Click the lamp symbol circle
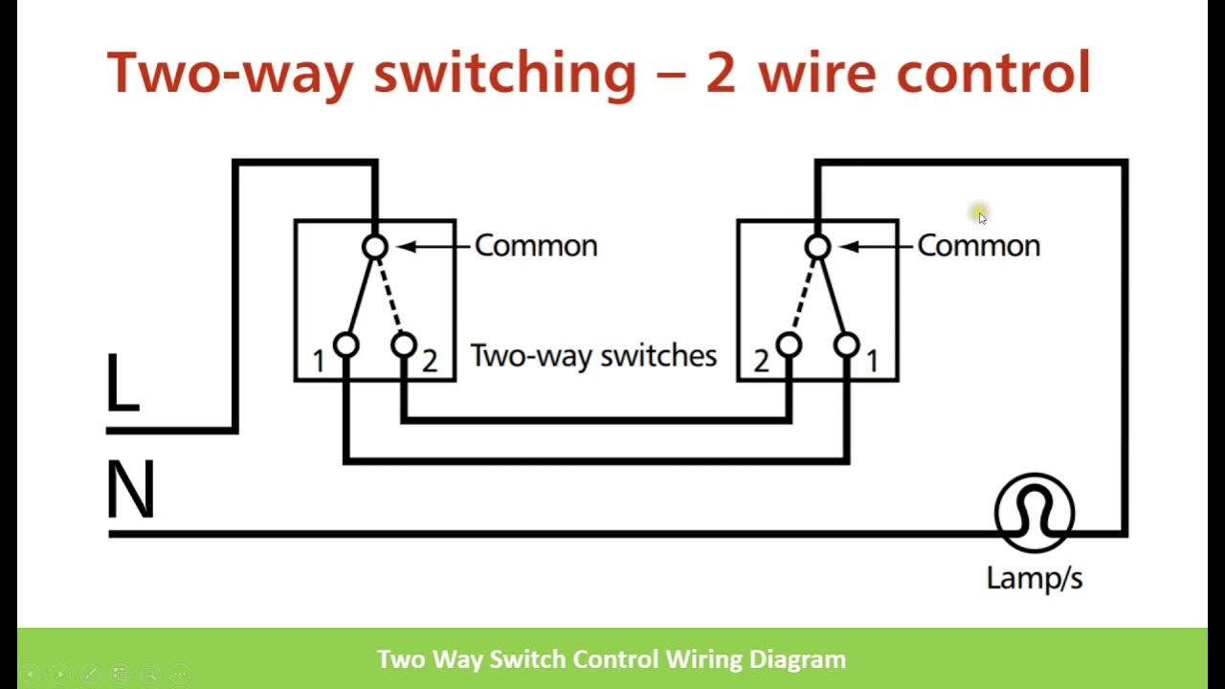click(1035, 513)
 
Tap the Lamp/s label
click(1035, 578)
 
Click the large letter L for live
click(122, 384)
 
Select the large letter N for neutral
click(130, 491)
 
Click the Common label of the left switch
click(536, 246)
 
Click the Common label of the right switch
click(978, 246)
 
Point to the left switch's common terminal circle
click(375, 248)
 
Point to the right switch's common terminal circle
click(817, 248)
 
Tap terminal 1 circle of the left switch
click(345, 344)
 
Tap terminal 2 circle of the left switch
click(404, 344)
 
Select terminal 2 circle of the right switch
click(789, 344)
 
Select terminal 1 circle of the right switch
click(847, 344)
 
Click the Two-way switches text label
click(593, 357)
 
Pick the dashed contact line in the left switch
click(390, 297)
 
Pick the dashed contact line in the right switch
click(802, 297)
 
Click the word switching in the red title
click(504, 74)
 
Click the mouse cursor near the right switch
click(981, 216)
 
